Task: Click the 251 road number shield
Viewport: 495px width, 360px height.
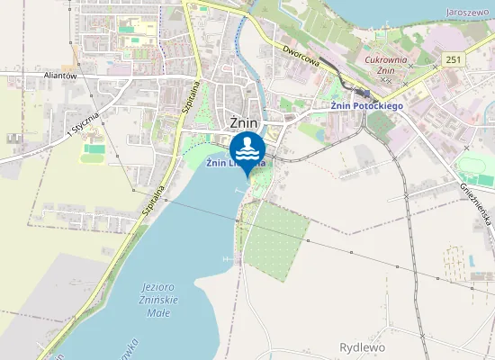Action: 453,59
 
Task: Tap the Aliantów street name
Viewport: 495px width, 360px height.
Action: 64,77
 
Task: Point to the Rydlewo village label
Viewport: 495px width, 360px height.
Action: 363,346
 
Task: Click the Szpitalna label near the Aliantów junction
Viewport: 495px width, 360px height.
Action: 191,94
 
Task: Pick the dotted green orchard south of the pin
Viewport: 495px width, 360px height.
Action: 274,236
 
